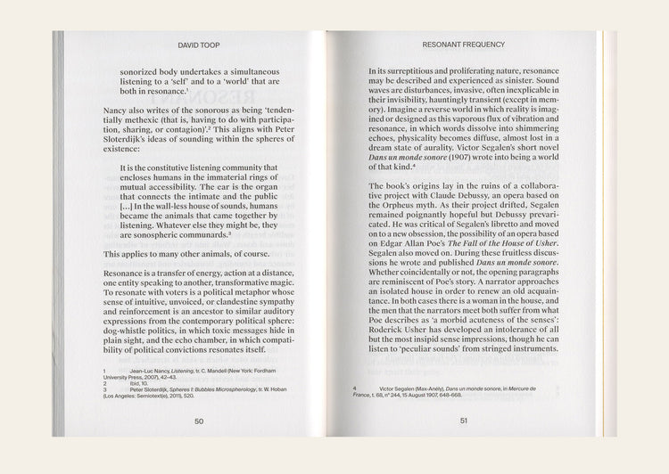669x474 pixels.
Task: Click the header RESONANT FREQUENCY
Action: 464,44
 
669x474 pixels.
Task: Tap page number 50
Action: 199,421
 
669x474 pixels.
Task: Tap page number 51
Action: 464,421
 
